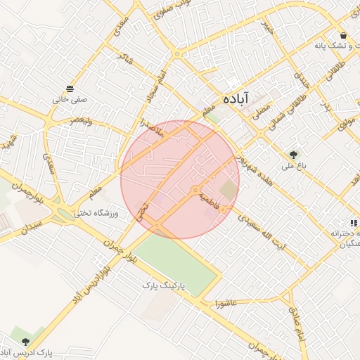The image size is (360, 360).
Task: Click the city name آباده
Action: tap(236, 100)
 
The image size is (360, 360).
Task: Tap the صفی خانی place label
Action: tap(70, 100)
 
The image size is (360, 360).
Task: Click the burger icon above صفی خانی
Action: tap(70, 89)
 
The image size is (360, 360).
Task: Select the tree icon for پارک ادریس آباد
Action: tap(26, 341)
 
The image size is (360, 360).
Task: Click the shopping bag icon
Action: tap(342, 35)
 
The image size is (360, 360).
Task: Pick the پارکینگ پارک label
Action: tap(163, 286)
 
